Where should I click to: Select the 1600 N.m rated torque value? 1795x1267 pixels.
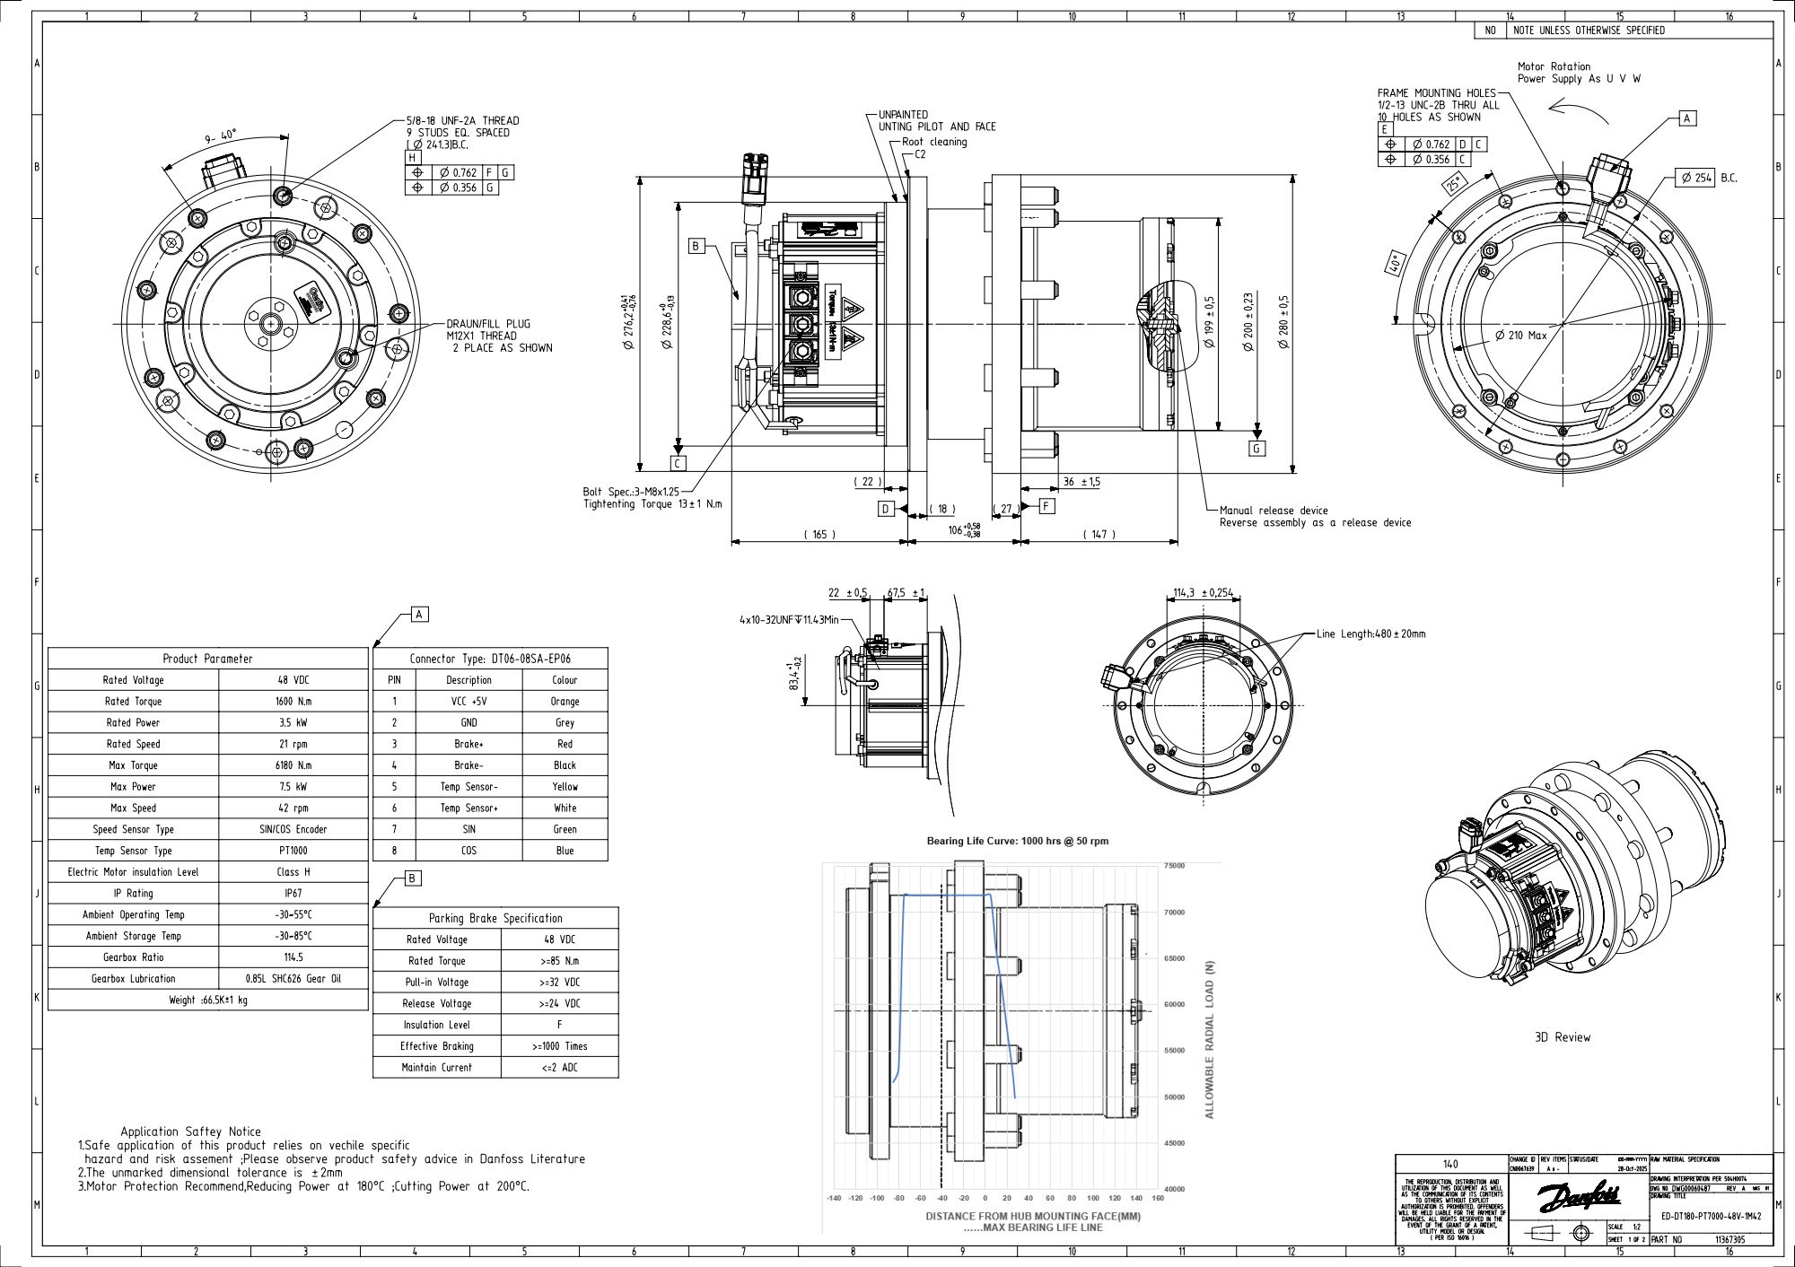[293, 702]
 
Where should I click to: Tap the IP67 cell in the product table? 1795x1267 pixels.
[293, 894]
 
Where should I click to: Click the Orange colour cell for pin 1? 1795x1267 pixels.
[565, 702]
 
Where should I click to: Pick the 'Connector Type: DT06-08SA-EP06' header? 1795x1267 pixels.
[489, 659]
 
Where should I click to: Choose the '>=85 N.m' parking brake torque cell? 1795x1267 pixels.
[560, 961]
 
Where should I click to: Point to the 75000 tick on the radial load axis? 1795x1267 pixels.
[1174, 866]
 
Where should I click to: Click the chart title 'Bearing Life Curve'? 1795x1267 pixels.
[1017, 841]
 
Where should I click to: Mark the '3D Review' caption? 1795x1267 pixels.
[1562, 1037]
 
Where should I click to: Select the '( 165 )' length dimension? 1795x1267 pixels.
[819, 535]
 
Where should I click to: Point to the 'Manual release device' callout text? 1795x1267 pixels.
[1273, 511]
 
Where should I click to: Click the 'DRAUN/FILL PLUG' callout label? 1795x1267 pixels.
[488, 324]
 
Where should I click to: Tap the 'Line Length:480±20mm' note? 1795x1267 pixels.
[1370, 633]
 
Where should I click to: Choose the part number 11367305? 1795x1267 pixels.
[1729, 1240]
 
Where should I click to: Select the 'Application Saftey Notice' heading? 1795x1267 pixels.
[191, 1132]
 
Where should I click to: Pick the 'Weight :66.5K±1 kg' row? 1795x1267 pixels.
[208, 1000]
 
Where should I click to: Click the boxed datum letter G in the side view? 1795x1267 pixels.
[1256, 449]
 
